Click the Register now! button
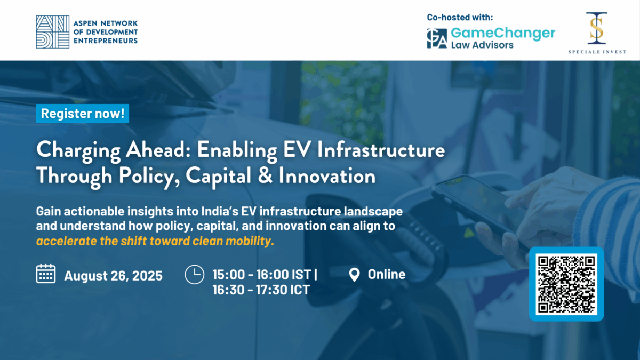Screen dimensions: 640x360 (x=82, y=114)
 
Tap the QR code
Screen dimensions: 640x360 (x=566, y=284)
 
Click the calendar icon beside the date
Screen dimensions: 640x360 (x=46, y=274)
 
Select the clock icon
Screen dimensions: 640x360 (x=194, y=275)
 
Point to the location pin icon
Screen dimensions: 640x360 (x=354, y=275)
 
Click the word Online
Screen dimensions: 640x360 (x=387, y=274)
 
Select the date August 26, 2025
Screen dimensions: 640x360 (x=114, y=276)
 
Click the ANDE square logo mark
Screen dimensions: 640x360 (x=53, y=31)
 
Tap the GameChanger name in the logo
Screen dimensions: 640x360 (x=503, y=33)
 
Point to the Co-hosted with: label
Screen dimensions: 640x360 (x=460, y=17)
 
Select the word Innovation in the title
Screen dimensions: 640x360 (x=327, y=175)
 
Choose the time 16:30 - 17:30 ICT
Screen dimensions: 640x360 (x=261, y=290)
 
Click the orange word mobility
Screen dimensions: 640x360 (x=250, y=241)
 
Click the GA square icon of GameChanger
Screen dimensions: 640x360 (x=437, y=38)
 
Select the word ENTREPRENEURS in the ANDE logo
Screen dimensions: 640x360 (x=106, y=41)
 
